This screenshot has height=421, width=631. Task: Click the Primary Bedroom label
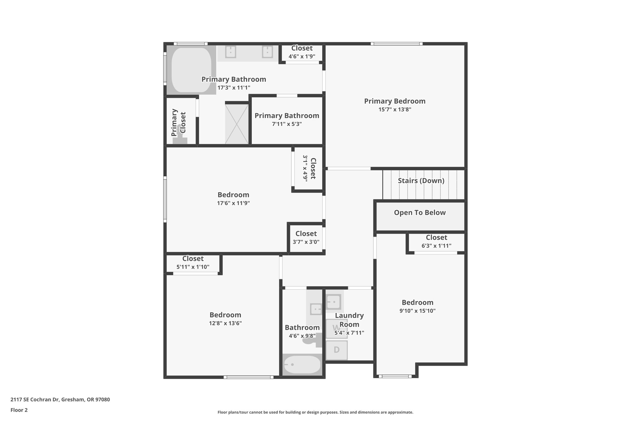(395, 101)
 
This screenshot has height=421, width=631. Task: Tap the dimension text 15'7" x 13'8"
(395, 109)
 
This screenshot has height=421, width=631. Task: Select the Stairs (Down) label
(421, 181)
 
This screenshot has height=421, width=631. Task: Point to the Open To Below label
(420, 213)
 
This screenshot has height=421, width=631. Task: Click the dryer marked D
(337, 350)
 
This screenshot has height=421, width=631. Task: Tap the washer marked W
(336, 328)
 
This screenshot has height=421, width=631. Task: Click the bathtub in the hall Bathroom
(302, 365)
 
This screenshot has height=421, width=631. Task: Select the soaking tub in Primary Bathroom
(191, 70)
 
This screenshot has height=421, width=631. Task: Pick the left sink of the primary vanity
(230, 52)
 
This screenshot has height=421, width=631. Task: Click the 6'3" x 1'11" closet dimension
(436, 246)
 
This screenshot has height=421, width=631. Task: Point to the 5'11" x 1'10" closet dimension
(193, 267)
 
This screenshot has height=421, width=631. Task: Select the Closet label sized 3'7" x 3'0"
(306, 234)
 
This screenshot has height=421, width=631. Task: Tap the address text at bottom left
(60, 400)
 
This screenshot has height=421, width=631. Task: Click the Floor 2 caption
(19, 410)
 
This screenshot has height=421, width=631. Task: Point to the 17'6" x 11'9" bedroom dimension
(233, 203)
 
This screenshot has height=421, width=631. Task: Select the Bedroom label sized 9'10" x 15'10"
(417, 303)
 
